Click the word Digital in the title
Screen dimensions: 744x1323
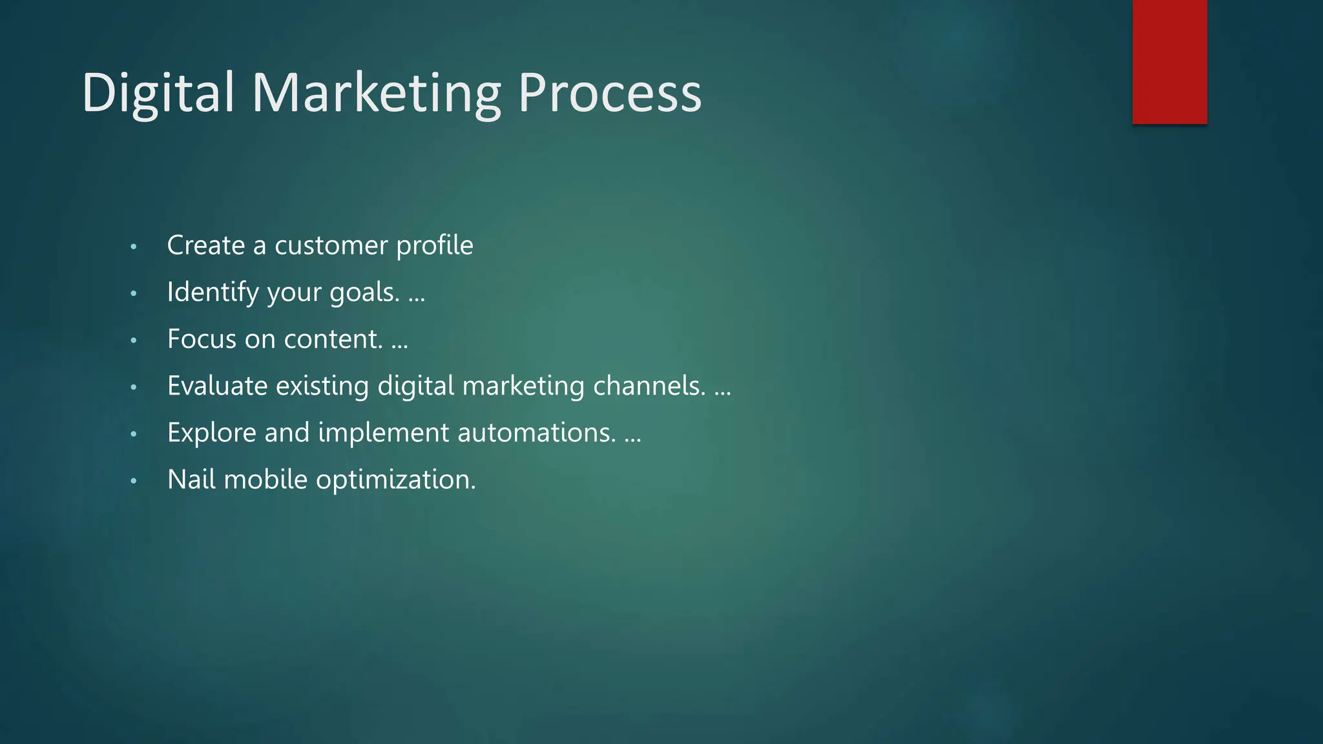[x=158, y=94]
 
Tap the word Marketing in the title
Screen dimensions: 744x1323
[x=376, y=94]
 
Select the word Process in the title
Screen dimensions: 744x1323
[x=609, y=94]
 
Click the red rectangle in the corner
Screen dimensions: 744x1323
[x=1169, y=61]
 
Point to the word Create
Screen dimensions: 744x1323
[x=205, y=245]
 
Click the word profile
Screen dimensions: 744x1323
[x=434, y=246]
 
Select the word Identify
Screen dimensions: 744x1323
[x=213, y=293]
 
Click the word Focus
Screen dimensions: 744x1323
[x=202, y=339]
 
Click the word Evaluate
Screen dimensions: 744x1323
[x=217, y=386]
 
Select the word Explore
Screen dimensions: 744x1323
[x=211, y=433]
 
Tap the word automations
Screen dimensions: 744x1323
[x=536, y=433]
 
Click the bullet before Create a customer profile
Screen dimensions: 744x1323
[x=134, y=247]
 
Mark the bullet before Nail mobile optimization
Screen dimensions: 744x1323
[x=134, y=481]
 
